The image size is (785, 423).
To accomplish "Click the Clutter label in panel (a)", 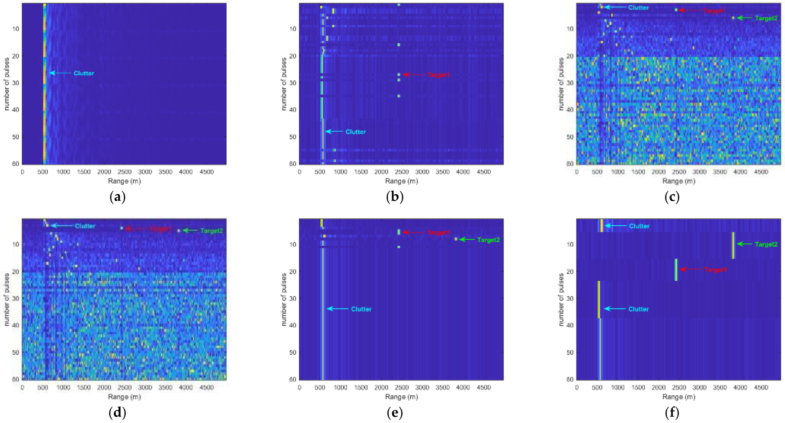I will [84, 73].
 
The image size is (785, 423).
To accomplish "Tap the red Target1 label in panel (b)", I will [438, 75].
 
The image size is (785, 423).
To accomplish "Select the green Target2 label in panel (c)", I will [766, 18].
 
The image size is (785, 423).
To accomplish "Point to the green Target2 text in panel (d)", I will [212, 231].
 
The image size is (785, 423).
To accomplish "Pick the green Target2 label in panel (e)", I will [489, 240].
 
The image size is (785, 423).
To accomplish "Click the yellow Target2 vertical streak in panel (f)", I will [733, 246].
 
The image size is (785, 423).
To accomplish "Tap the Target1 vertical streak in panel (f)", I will [676, 269].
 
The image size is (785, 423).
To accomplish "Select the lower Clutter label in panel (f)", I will [638, 309].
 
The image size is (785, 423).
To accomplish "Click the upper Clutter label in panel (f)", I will [639, 226].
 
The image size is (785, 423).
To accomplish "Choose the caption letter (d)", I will [117, 413].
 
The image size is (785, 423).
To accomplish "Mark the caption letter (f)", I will [672, 413].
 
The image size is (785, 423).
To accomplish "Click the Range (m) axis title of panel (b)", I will [401, 181].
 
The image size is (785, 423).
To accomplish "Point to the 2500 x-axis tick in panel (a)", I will [124, 172].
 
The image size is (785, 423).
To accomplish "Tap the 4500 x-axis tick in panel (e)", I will [484, 388].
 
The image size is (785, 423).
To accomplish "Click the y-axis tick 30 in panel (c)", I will [570, 83].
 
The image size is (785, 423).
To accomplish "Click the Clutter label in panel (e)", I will [361, 309].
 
